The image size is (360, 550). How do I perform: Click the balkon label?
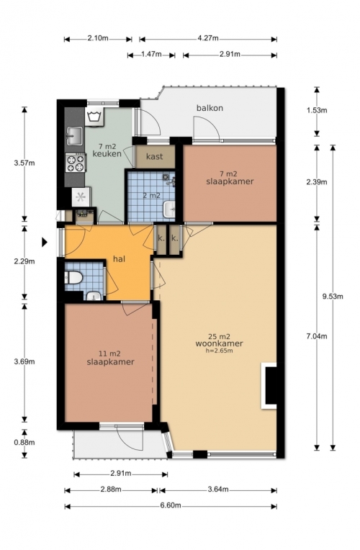coord(210,108)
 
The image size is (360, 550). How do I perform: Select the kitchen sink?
coord(74,136)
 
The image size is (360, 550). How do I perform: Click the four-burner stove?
coord(76,163)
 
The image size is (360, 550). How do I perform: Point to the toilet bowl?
coord(73,278)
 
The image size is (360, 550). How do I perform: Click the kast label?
coord(154,156)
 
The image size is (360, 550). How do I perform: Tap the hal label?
coord(120,259)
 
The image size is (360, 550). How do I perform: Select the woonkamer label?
coord(220,343)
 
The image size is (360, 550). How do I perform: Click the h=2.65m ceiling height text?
coord(220,350)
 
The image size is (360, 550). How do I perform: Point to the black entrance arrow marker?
coord(45,242)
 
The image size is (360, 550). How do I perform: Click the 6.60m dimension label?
coord(171,505)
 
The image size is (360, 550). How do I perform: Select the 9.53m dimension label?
coord(333,297)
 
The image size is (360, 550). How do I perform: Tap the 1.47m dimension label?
coord(151,54)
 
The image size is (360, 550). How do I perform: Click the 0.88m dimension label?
coord(24,442)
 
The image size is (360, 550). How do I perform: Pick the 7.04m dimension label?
coord(317,336)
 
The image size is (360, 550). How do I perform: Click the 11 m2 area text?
coord(110,354)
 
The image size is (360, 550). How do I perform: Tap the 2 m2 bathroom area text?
coord(152,195)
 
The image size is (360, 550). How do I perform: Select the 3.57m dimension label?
coord(24,163)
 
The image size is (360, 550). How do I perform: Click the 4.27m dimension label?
coord(208,38)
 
